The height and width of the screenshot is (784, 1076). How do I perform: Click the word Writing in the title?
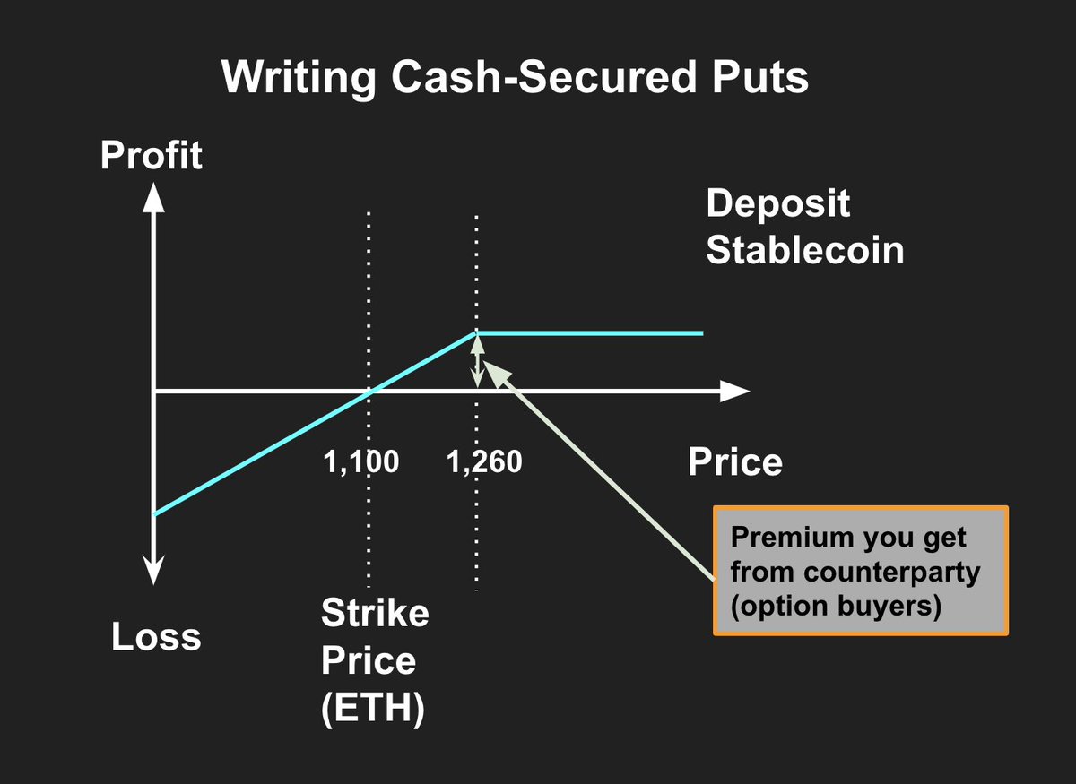(x=299, y=78)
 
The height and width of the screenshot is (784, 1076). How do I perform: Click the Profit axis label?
(x=152, y=156)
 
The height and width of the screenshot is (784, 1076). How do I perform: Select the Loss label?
(x=156, y=637)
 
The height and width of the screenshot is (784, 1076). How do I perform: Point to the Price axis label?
(x=734, y=462)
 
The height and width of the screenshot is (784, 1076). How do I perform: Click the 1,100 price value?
(x=360, y=462)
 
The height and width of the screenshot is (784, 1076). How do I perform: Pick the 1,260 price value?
(x=483, y=462)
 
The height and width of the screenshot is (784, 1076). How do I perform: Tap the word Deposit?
(x=777, y=203)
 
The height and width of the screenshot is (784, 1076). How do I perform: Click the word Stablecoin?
(x=804, y=250)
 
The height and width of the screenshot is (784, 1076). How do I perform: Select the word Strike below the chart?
(x=375, y=615)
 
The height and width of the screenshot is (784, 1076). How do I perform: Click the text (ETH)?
(x=372, y=708)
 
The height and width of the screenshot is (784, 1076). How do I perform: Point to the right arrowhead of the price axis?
(x=735, y=392)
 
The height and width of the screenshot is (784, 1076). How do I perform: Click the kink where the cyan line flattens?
(x=476, y=332)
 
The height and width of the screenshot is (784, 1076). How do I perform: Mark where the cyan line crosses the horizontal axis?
(x=369, y=392)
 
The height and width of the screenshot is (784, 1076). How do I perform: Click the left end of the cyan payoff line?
(x=156, y=513)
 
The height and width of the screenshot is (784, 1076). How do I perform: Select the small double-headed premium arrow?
(x=477, y=360)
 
